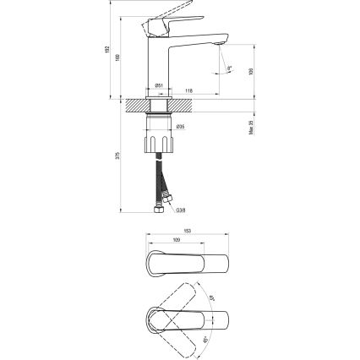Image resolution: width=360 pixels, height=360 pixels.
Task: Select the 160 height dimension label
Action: coord(118,57)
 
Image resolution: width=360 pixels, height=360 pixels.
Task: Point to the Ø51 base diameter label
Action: coord(158,85)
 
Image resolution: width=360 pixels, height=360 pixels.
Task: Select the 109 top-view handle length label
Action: coord(175,240)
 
